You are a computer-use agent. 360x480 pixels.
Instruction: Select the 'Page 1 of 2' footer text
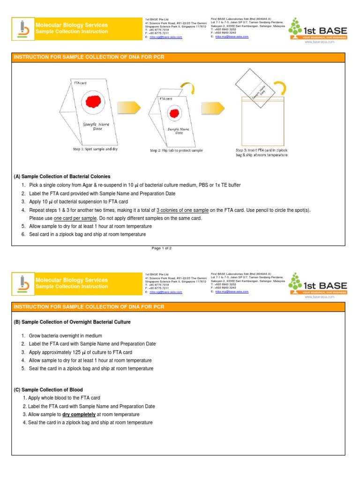tap(162, 248)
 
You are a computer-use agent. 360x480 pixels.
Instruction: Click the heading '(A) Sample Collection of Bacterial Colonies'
tap(62, 177)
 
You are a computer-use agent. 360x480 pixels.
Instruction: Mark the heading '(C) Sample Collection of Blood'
tap(48, 390)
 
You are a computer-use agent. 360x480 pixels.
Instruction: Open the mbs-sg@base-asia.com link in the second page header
tap(166, 292)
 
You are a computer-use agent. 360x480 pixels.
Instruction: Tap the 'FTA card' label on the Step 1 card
tap(80, 82)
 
